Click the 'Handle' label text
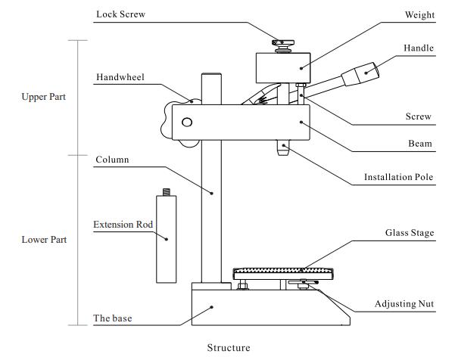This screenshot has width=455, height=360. pyautogui.click(x=419, y=48)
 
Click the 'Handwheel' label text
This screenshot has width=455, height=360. pyautogui.click(x=120, y=77)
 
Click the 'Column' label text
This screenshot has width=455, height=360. pyautogui.click(x=112, y=160)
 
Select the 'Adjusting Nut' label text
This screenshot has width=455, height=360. pyautogui.click(x=405, y=304)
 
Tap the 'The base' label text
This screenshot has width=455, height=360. pyautogui.click(x=113, y=318)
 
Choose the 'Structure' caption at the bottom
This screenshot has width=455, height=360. pyautogui.click(x=228, y=348)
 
